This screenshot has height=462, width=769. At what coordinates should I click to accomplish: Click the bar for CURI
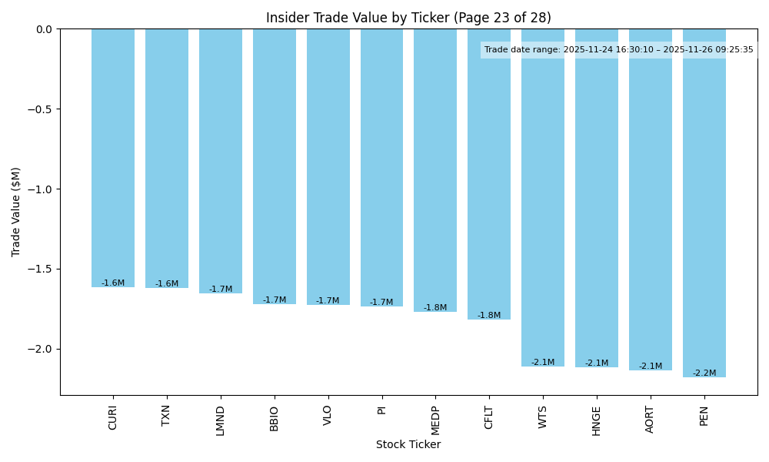(x=113, y=158)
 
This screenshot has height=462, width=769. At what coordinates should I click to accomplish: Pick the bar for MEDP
(x=435, y=170)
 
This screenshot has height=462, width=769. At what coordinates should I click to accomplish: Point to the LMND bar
(x=221, y=161)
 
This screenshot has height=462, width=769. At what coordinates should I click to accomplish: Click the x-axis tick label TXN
(x=167, y=416)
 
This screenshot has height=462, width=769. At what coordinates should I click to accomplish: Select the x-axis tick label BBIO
(x=275, y=418)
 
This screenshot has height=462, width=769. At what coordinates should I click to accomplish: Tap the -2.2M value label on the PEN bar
(x=704, y=373)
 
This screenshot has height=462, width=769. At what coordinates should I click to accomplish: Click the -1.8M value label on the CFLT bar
(x=489, y=316)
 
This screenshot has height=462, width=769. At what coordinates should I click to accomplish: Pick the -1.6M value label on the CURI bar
(x=113, y=283)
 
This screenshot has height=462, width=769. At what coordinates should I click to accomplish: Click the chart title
(x=408, y=18)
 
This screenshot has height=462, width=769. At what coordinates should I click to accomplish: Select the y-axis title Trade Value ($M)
(x=16, y=212)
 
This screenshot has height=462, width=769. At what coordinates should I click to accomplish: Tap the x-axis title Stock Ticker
(x=408, y=445)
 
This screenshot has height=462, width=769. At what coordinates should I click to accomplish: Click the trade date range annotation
(x=619, y=50)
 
